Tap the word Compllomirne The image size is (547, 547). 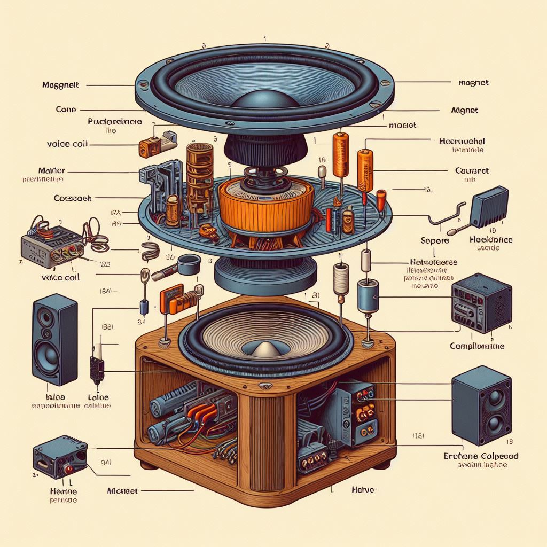477,346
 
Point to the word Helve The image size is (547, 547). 365,489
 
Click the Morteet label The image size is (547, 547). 122,490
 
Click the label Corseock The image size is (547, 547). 73,198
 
